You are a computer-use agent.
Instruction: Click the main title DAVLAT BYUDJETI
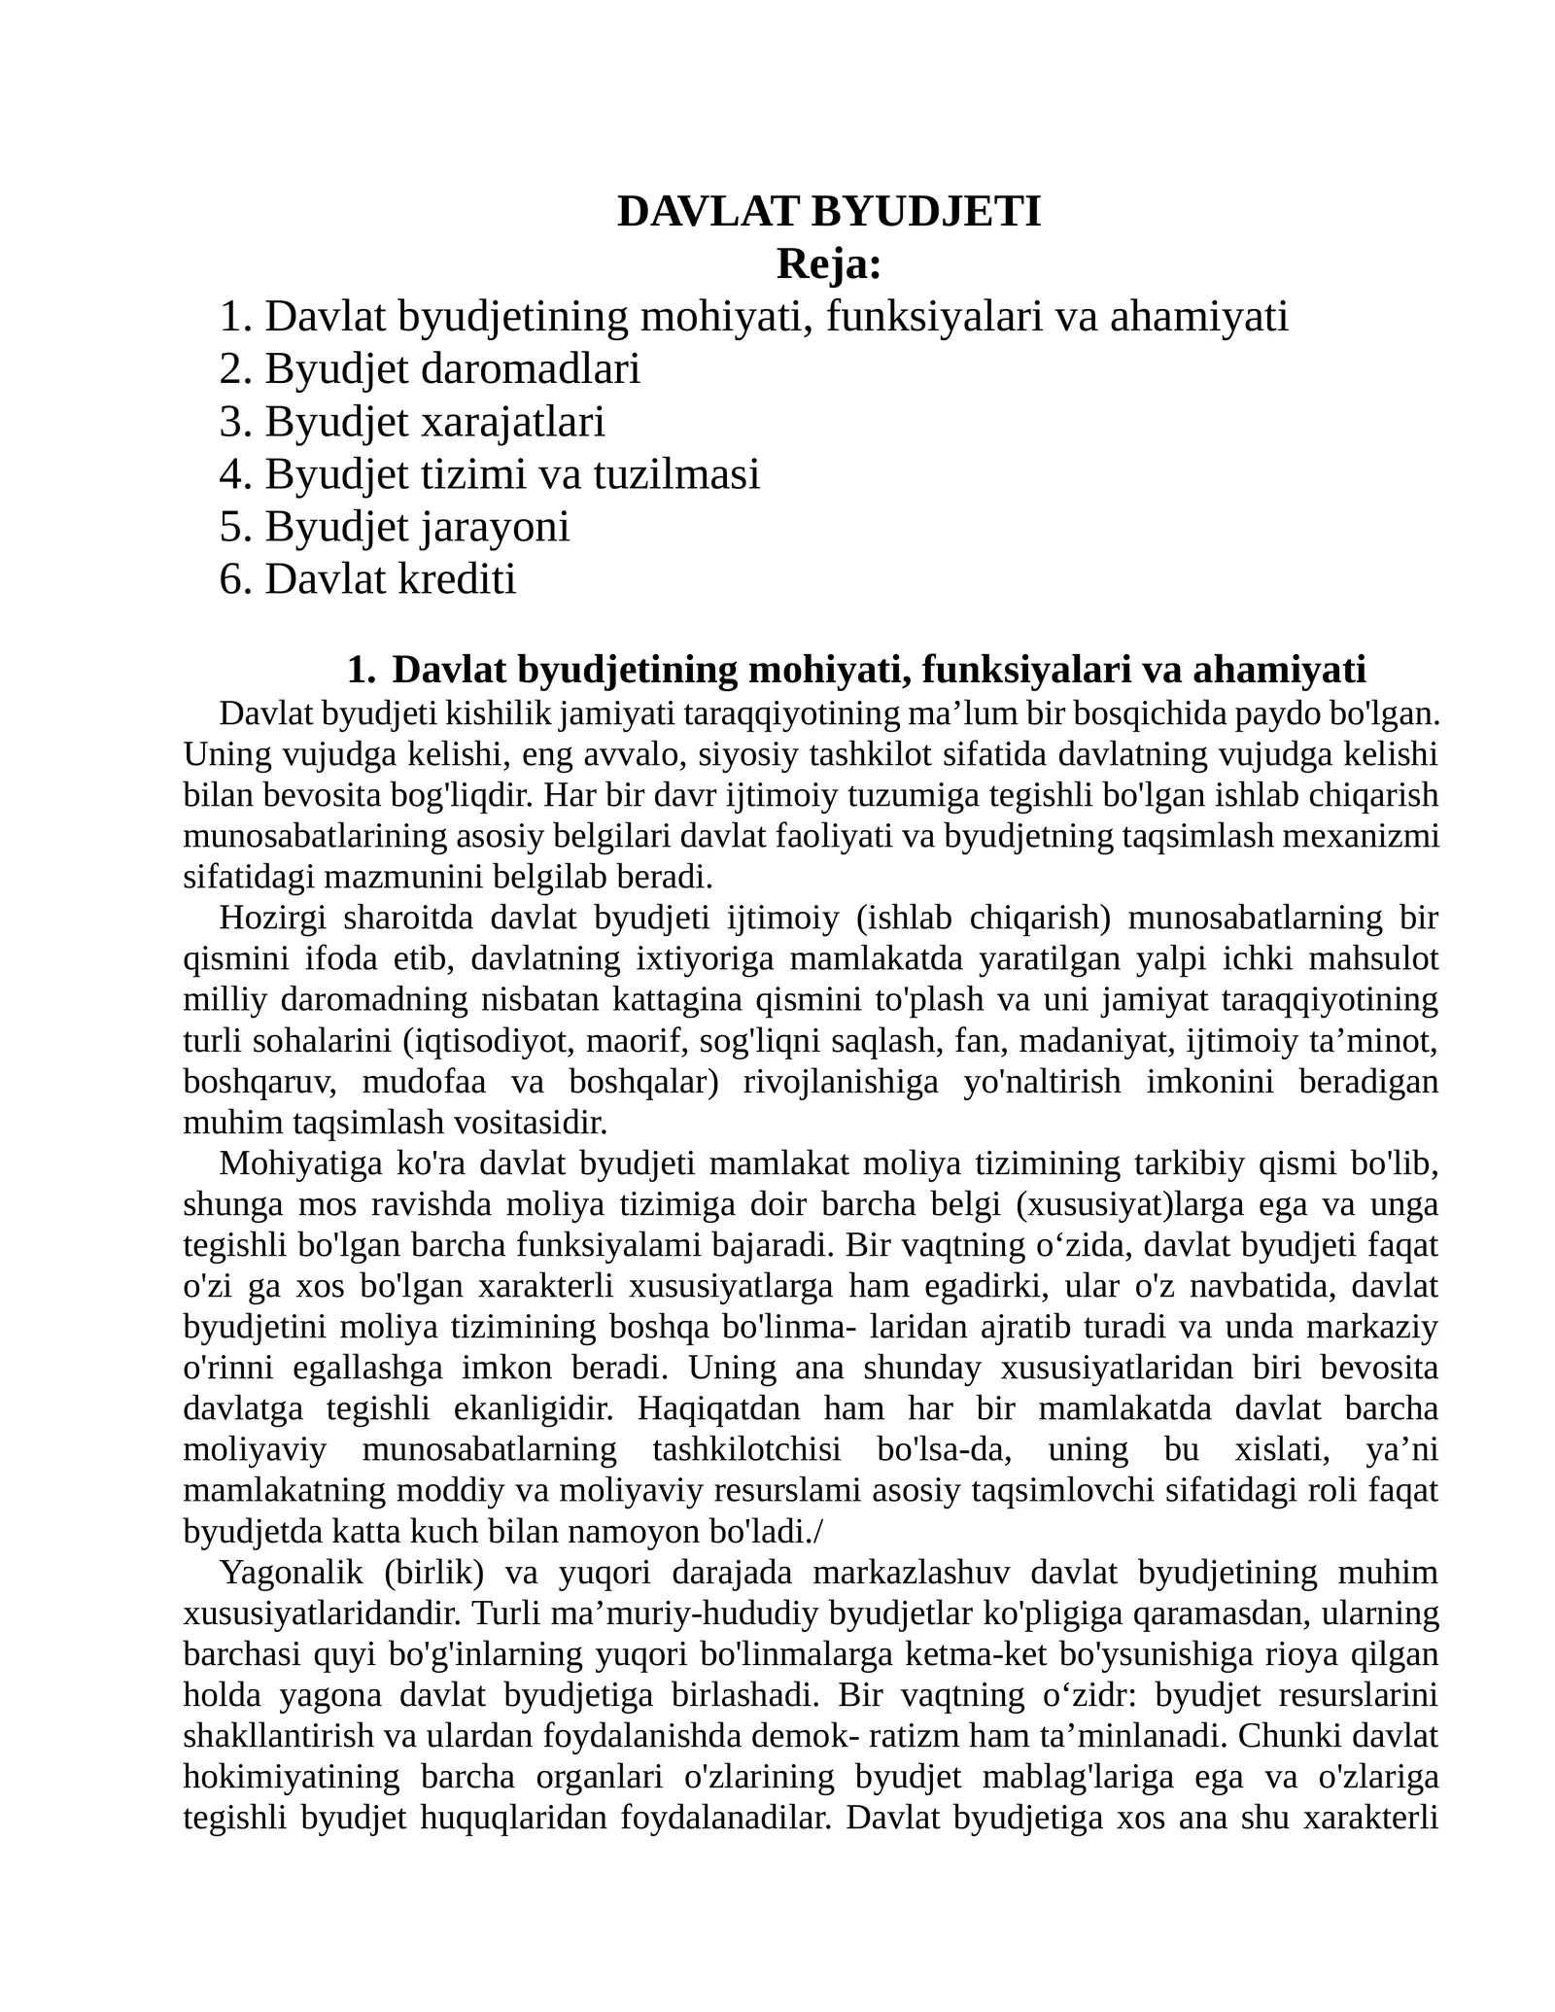[828, 212]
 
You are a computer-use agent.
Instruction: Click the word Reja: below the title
[828, 264]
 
